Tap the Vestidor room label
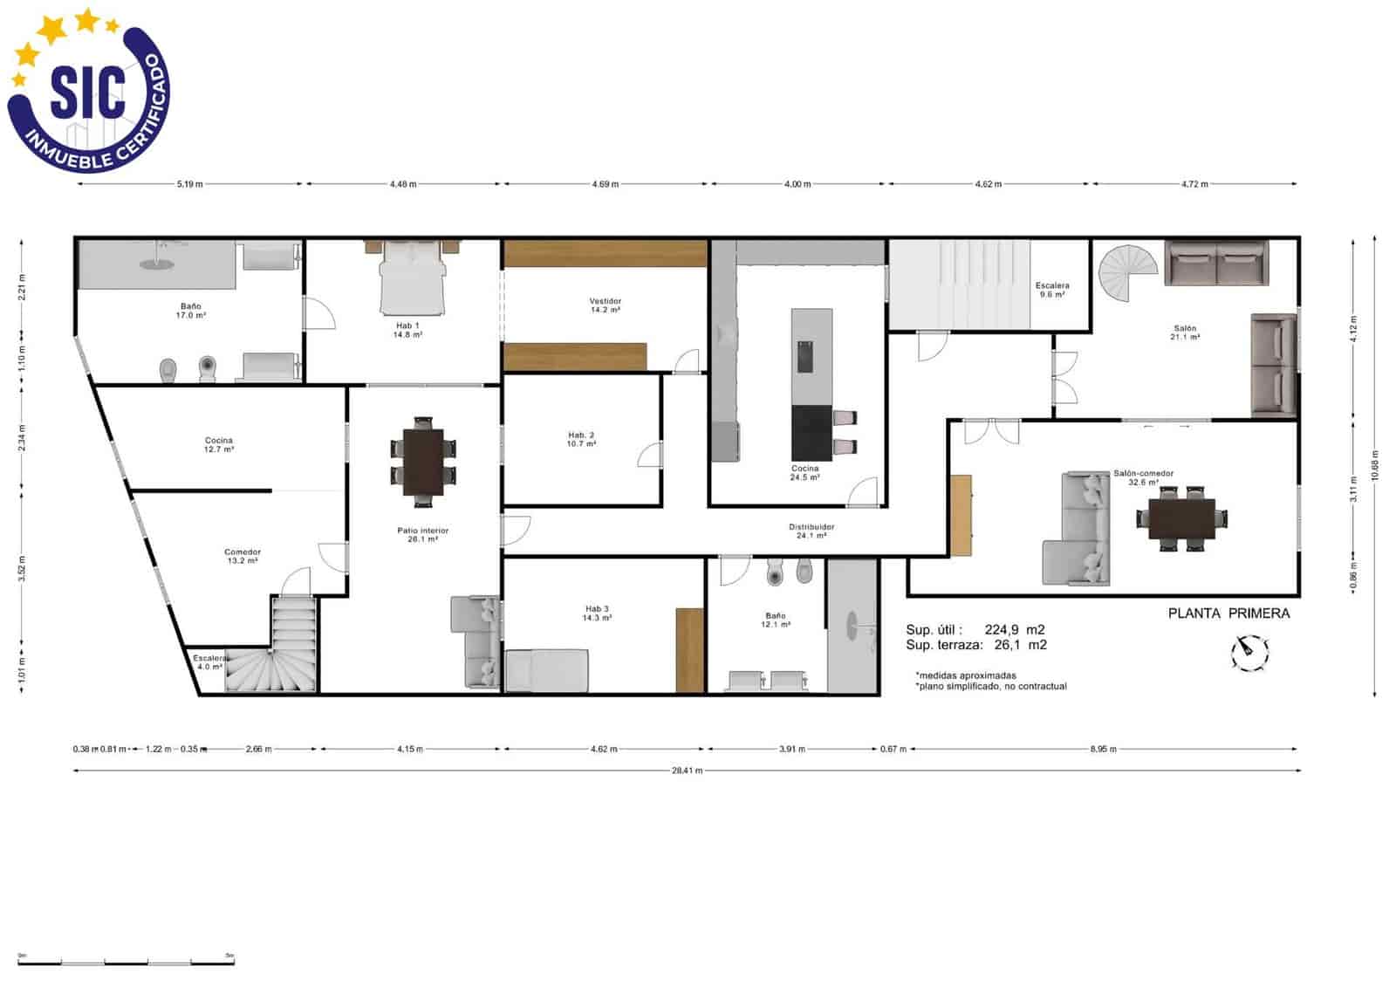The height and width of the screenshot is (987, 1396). [605, 305]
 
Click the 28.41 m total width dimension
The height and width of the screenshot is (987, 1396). [687, 771]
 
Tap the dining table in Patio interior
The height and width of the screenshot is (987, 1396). [423, 462]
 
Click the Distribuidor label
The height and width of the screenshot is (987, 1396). [811, 531]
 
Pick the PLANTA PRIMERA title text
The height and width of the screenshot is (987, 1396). [1228, 613]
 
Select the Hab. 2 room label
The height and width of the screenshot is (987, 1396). [581, 439]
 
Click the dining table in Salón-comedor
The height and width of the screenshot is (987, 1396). [1181, 519]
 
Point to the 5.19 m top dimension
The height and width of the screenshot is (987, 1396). [189, 184]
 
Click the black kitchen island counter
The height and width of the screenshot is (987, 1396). [811, 433]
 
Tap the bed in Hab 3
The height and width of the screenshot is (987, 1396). [548, 670]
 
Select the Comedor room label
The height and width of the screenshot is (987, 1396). [242, 556]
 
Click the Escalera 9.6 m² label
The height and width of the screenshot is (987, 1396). [1052, 290]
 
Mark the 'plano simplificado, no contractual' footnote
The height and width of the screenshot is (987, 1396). [991, 687]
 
